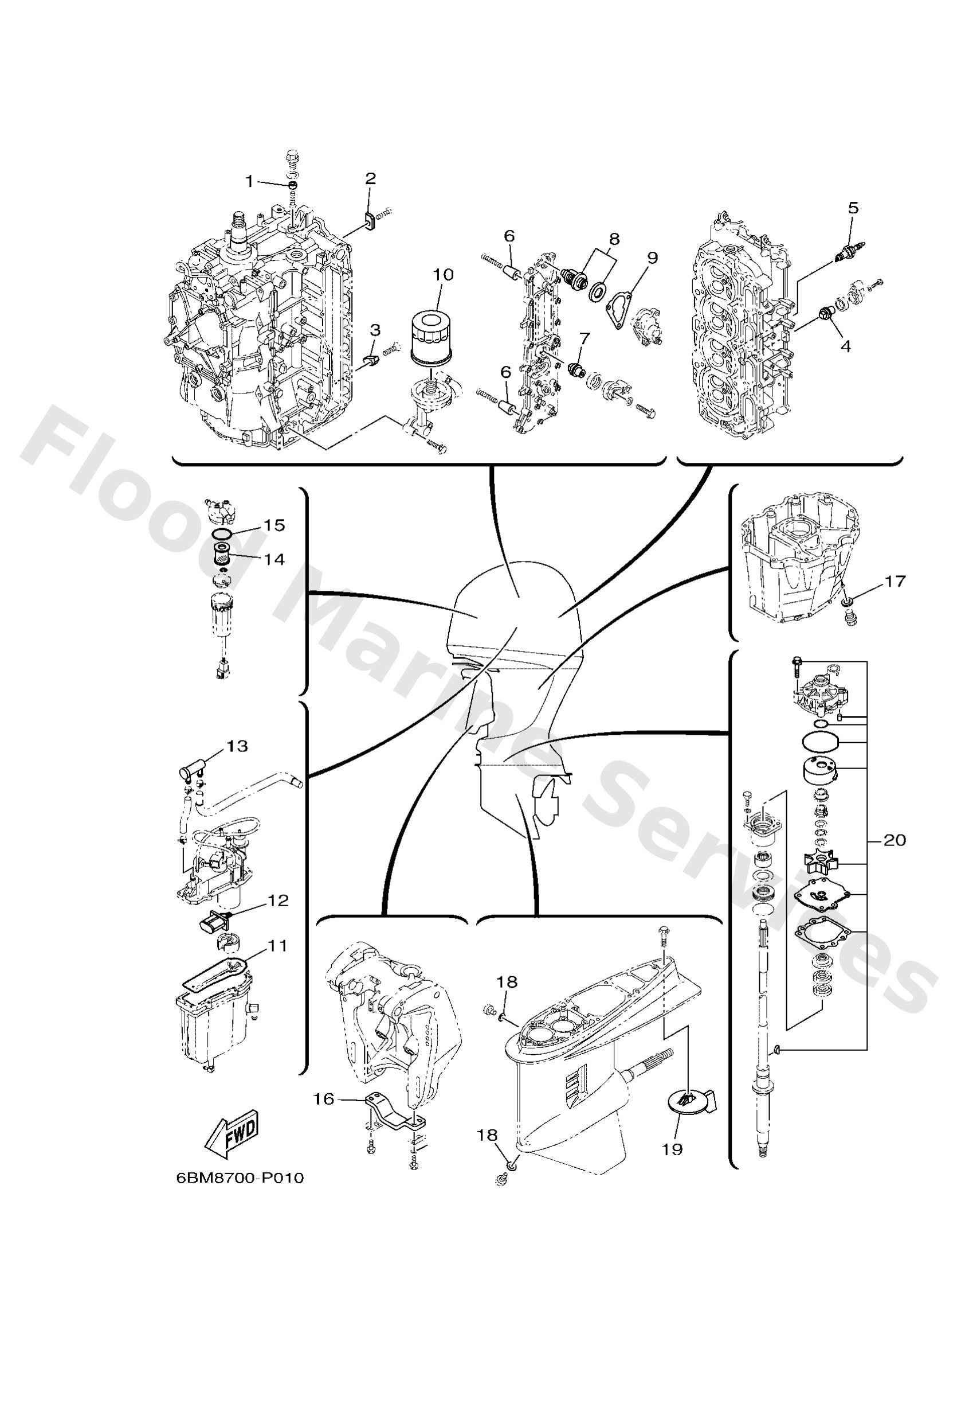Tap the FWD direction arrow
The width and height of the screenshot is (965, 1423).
[x=233, y=1133]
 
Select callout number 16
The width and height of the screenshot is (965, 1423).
[x=324, y=1099]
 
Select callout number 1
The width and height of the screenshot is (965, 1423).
[x=249, y=181]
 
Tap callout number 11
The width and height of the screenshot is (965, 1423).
[x=277, y=946]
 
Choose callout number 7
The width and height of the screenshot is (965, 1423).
[x=585, y=337]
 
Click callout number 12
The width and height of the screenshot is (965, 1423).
[x=278, y=900]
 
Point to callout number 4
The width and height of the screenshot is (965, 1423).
[x=845, y=345]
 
